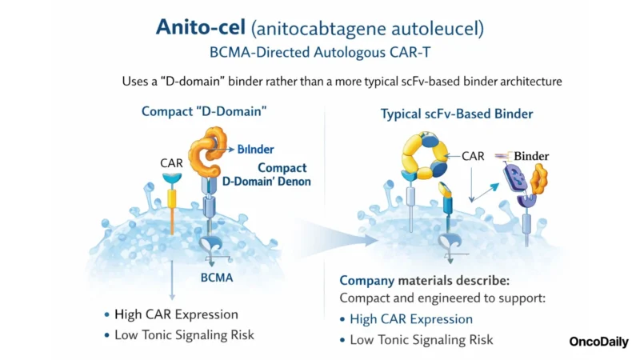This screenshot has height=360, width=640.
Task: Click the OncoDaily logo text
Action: pos(598,342)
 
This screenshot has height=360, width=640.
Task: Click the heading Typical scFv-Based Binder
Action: pos(456,114)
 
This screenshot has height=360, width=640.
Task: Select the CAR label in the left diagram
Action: pos(172,163)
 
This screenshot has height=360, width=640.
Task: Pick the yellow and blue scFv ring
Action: pos(424,156)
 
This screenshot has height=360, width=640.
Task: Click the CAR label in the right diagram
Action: pos(473,156)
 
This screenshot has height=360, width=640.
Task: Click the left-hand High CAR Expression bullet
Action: pos(176,314)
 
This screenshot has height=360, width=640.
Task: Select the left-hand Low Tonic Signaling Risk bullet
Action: pos(184,335)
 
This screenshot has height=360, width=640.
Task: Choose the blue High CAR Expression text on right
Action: pos(411,319)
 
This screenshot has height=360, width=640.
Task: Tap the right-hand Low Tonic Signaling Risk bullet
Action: pos(422,340)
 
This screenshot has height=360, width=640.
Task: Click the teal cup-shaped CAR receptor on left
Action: pos(171,181)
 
